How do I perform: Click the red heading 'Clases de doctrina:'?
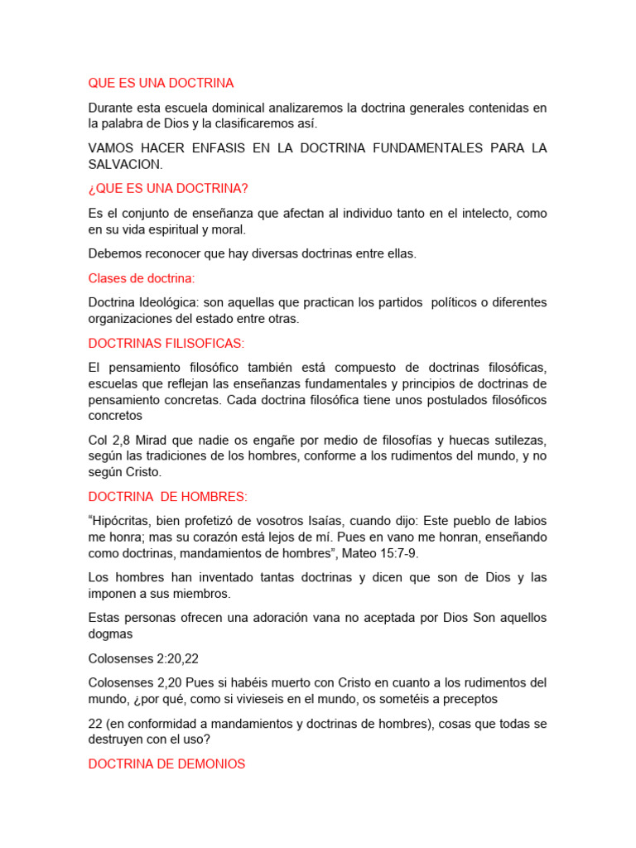[x=142, y=278]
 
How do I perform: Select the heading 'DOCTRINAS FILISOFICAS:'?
[x=166, y=343]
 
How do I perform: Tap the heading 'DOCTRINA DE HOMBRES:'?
[x=168, y=496]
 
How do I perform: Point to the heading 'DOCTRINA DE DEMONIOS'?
[x=166, y=764]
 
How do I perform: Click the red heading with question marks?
[x=168, y=189]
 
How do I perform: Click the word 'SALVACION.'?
[x=125, y=165]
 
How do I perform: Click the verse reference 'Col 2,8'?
[x=109, y=440]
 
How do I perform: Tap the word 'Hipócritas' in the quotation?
[x=126, y=520]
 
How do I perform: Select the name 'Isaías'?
[x=369, y=520]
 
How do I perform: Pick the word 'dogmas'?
[x=111, y=634]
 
